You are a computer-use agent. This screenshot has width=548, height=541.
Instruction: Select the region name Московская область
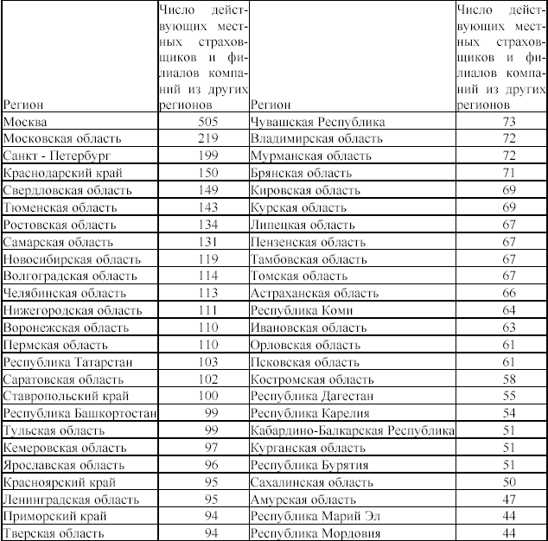tap(62, 139)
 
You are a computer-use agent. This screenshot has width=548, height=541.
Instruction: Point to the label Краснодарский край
tap(63, 173)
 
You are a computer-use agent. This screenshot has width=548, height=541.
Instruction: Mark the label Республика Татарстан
tap(68, 361)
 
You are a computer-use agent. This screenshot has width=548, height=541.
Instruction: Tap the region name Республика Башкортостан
tap(80, 413)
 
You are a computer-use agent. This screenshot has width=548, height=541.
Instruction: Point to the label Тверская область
tap(55, 532)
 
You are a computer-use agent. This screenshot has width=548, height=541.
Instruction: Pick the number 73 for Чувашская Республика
tap(508, 123)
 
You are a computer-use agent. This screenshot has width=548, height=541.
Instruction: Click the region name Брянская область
tap(302, 173)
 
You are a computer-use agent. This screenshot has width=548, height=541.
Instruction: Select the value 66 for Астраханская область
tap(508, 293)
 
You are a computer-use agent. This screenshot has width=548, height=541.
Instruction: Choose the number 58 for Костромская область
tap(508, 379)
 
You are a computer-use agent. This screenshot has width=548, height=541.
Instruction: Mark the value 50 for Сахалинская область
tap(508, 481)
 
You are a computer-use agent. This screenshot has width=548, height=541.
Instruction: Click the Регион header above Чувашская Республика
tap(270, 103)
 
